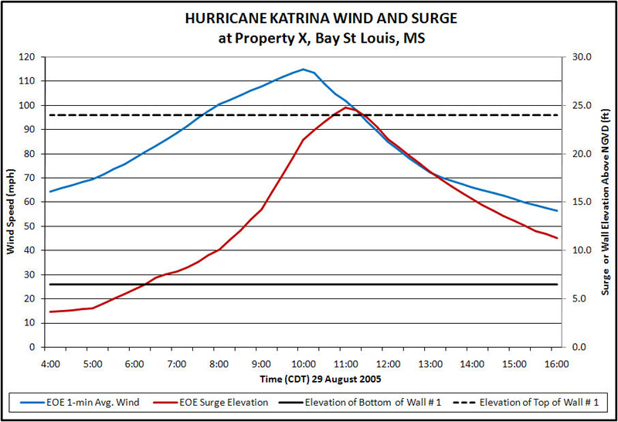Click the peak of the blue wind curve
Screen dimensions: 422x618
pos(304,69)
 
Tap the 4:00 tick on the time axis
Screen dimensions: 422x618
pos(50,362)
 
